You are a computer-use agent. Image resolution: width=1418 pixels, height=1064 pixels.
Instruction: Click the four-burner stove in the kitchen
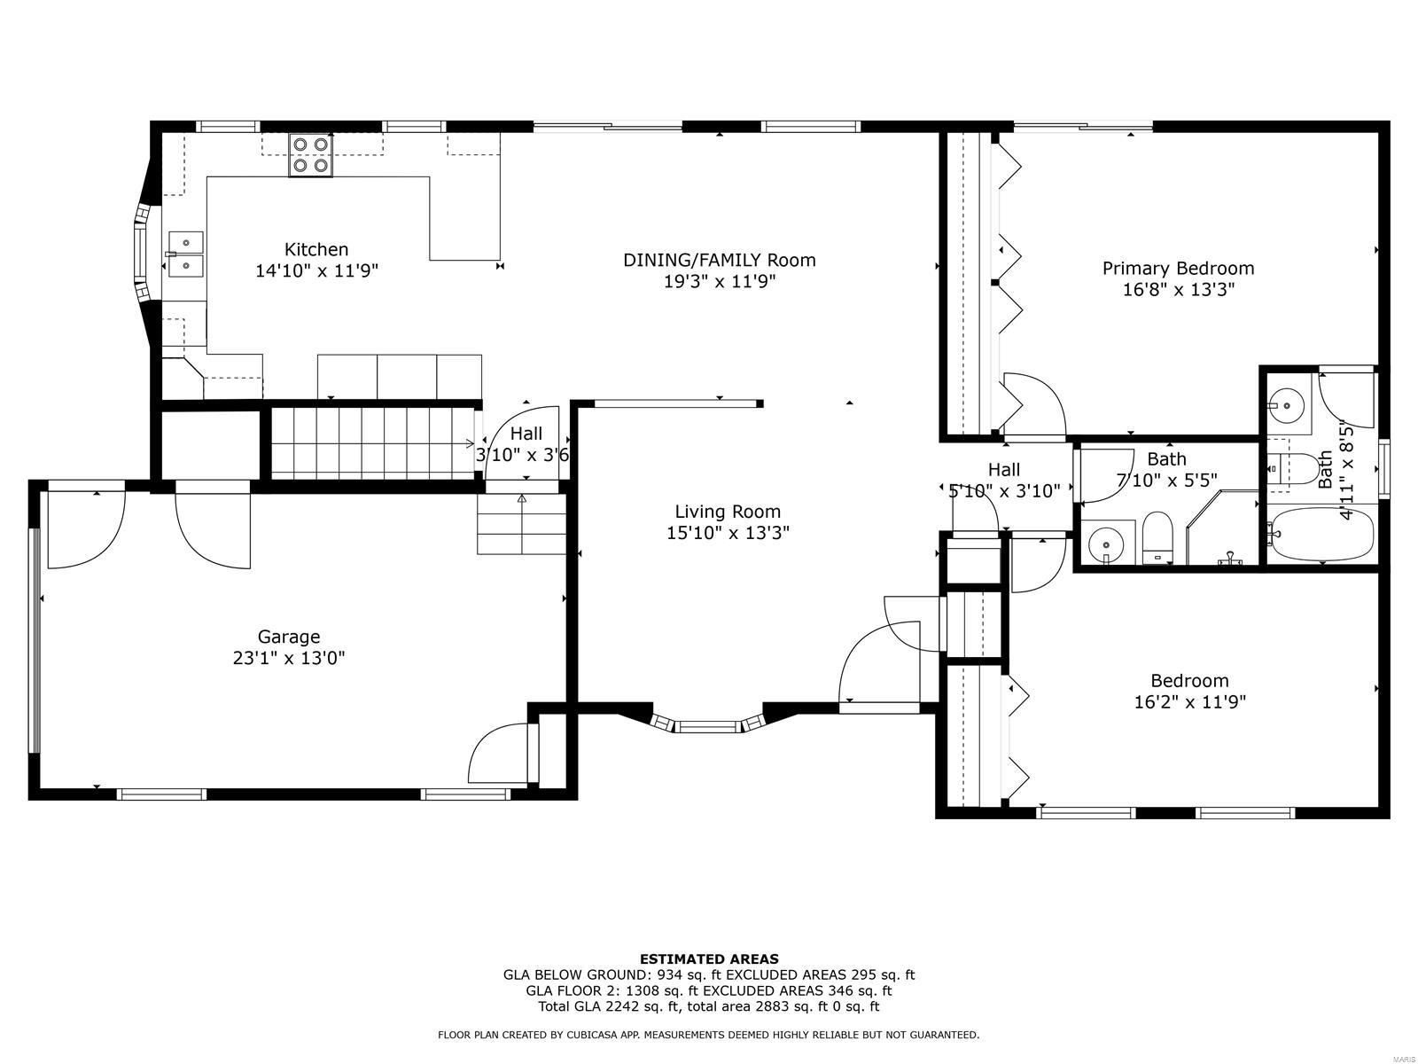click(x=310, y=154)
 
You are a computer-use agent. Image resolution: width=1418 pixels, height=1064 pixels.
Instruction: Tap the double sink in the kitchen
click(x=185, y=253)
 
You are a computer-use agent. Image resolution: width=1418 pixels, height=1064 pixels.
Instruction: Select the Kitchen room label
click(x=316, y=249)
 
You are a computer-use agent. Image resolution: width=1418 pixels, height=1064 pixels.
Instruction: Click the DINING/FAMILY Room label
click(x=719, y=260)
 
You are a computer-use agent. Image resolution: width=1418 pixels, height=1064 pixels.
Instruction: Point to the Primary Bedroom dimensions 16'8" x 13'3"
click(x=1178, y=289)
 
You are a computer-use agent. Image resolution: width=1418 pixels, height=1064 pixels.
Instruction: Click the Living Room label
click(x=728, y=511)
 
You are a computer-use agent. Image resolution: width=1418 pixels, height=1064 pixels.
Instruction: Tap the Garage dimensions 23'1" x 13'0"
click(x=289, y=658)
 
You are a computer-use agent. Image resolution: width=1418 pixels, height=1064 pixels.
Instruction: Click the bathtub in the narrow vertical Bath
click(x=1320, y=534)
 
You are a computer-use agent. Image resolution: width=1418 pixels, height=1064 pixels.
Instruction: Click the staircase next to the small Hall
click(x=372, y=443)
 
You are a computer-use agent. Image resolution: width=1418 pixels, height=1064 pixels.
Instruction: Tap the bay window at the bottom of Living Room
click(x=706, y=725)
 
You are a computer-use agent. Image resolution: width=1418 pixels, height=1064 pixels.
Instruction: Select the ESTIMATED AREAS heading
click(x=709, y=958)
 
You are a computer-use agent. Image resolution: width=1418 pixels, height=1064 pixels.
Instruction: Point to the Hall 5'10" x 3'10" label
click(x=1003, y=480)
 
